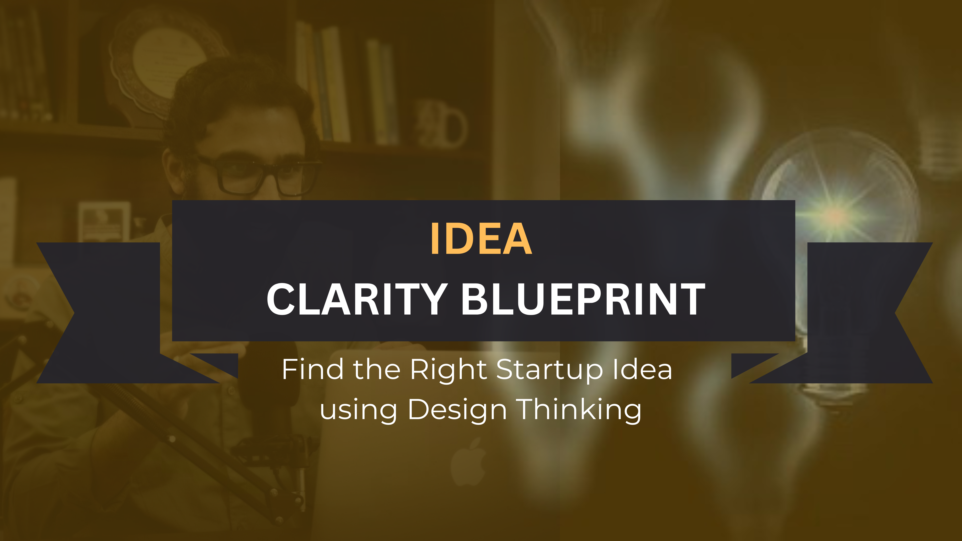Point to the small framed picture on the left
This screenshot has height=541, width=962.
[x=104, y=222]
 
